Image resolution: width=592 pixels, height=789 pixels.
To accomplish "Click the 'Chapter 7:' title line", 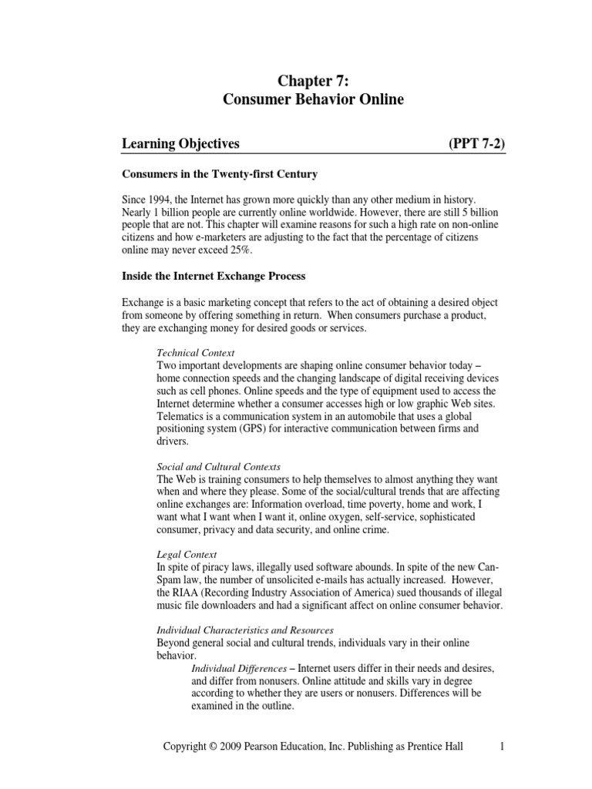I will click(312, 79).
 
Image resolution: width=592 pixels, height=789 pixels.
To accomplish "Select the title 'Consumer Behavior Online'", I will click(312, 99).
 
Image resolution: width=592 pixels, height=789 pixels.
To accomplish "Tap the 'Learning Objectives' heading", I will click(181, 143).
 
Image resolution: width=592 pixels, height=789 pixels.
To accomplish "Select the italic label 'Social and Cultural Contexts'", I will click(218, 467).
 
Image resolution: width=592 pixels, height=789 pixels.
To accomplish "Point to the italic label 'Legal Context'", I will click(187, 554).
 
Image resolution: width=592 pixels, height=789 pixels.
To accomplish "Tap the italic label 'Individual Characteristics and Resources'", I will click(240, 630).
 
